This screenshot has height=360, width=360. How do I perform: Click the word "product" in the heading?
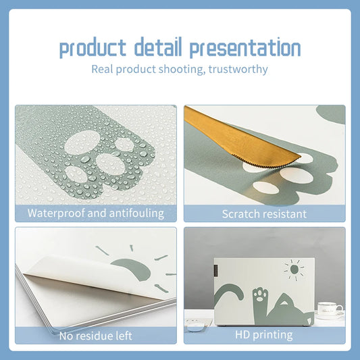click(93, 49)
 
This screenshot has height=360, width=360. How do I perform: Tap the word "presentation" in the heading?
click(245, 49)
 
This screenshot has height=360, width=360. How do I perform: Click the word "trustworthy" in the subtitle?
click(240, 69)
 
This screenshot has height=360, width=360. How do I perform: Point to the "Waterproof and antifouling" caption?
click(96, 213)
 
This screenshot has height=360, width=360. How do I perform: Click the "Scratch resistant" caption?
click(264, 214)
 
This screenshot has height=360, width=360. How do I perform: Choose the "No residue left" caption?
click(96, 335)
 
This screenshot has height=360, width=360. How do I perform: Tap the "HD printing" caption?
click(264, 334)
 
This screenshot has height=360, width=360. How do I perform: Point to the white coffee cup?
click(329, 309)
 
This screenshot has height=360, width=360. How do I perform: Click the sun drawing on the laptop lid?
click(294, 269)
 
